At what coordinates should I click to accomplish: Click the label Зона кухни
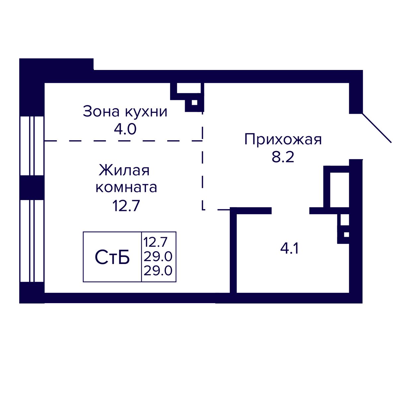(x=125, y=112)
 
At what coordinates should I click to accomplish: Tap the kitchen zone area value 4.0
(x=125, y=129)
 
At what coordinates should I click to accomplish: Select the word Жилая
(x=124, y=170)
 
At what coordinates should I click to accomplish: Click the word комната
(x=126, y=187)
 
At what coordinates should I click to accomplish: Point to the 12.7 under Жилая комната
(x=126, y=206)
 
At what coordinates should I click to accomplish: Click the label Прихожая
(x=283, y=140)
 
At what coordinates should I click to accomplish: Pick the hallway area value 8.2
(x=283, y=157)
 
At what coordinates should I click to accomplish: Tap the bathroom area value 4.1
(x=289, y=248)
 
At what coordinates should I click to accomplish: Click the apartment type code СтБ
(x=112, y=257)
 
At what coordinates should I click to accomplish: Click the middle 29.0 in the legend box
(x=159, y=257)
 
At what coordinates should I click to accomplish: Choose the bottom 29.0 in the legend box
(x=159, y=271)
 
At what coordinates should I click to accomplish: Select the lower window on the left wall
(x=32, y=241)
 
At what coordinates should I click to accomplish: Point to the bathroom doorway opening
(x=291, y=210)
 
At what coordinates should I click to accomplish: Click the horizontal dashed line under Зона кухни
(x=123, y=141)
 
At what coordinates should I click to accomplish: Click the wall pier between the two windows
(x=32, y=188)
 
